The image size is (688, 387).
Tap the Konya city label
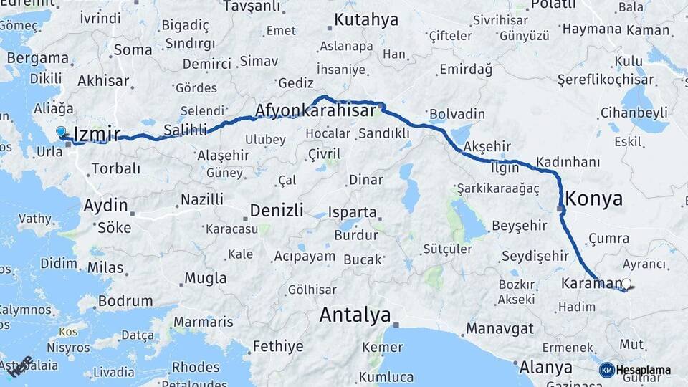pyautogui.click(x=594, y=199)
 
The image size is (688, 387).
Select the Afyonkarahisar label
pyautogui.click(x=315, y=111)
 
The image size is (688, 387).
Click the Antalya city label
pyautogui.click(x=355, y=315)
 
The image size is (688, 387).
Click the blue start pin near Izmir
pyautogui.click(x=61, y=133)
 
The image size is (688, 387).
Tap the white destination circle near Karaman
pyautogui.click(x=627, y=284)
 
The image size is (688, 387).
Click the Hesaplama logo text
pyautogui.click(x=643, y=370)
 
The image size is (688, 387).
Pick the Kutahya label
pyautogui.click(x=366, y=19)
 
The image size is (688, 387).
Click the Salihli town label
pyautogui.click(x=185, y=130)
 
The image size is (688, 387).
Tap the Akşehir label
pyautogui.click(x=487, y=147)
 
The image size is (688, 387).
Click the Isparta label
pyautogui.click(x=352, y=213)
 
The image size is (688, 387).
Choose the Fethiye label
pyautogui.click(x=278, y=347)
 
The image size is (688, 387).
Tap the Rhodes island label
pyautogui.click(x=196, y=367)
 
